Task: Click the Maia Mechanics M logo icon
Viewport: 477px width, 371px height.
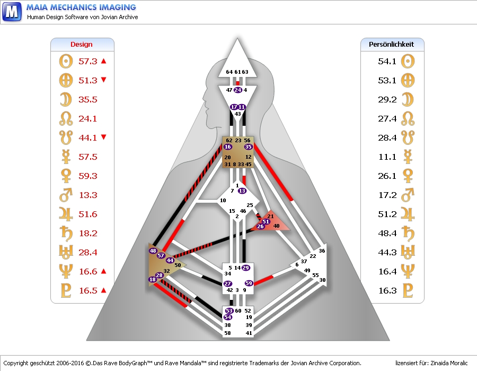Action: pyautogui.click(x=12, y=12)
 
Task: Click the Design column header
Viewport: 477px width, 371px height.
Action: pyautogui.click(x=81, y=45)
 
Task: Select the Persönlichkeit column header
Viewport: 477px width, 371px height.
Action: pyautogui.click(x=391, y=45)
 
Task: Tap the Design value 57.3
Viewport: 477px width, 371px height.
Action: pyautogui.click(x=88, y=61)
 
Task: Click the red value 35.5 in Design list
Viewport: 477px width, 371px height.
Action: pyautogui.click(x=88, y=100)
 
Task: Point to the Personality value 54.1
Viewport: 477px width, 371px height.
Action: pyautogui.click(x=387, y=61)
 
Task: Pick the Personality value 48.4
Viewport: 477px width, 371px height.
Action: pyautogui.click(x=387, y=234)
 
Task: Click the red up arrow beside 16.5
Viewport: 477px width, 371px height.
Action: pyautogui.click(x=103, y=290)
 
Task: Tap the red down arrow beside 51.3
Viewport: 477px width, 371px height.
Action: pyautogui.click(x=103, y=80)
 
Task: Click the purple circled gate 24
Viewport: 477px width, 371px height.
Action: pyautogui.click(x=238, y=90)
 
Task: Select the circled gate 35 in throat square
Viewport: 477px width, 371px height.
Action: pyautogui.click(x=248, y=147)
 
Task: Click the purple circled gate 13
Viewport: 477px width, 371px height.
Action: pyautogui.click(x=242, y=191)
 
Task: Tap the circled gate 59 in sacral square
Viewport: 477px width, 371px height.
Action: pyautogui.click(x=249, y=283)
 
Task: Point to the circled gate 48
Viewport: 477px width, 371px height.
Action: pyautogui.click(x=153, y=251)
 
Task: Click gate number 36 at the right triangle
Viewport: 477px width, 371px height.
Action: pyautogui.click(x=322, y=251)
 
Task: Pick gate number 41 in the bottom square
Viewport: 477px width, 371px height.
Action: pyautogui.click(x=249, y=333)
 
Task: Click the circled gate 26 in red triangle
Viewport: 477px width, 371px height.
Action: pyautogui.click(x=260, y=226)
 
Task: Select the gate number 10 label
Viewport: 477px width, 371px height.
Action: pyautogui.click(x=223, y=201)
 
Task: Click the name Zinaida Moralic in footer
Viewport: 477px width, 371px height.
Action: pyautogui.click(x=449, y=363)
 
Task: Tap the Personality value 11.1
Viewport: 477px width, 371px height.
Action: pyautogui.click(x=387, y=157)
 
